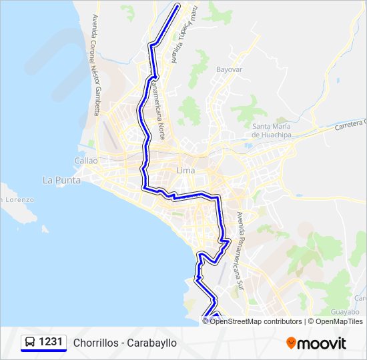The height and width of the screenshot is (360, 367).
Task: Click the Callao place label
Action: pos(86,161)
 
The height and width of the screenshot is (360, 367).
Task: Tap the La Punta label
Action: pos(61,180)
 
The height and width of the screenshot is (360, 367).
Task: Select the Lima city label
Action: pos(185,171)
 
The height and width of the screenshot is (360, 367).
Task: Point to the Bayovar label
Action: pos(229,69)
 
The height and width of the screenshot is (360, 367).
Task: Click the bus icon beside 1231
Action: pos(30,343)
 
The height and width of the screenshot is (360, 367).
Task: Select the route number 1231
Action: pos(51,343)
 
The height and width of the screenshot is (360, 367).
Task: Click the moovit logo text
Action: pos(322,343)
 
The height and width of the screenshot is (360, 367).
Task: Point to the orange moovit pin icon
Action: pos(291,343)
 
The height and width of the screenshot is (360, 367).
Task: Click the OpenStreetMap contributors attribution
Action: pos(256,321)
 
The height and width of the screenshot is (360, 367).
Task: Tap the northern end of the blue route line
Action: pos(178,7)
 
